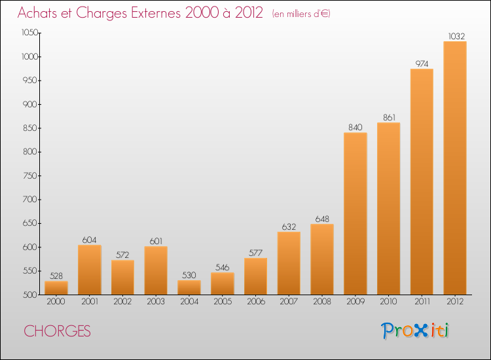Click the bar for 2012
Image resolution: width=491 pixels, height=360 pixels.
point(455,168)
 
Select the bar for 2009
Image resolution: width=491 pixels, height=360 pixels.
point(355,213)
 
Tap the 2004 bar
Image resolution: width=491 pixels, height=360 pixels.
point(189,287)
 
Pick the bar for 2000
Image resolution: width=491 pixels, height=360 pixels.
point(56,288)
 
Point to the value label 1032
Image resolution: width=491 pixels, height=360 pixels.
point(456,36)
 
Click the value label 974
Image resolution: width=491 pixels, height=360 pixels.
point(422,64)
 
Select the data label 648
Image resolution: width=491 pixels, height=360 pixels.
point(322,219)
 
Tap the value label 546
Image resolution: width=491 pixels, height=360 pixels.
point(223,268)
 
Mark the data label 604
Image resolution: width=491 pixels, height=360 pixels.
point(89,240)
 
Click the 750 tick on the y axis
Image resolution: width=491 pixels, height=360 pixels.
point(29,176)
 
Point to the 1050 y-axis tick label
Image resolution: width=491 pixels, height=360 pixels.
point(29,33)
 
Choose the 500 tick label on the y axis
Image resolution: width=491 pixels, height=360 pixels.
point(29,295)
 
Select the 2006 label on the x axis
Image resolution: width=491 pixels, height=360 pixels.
point(256,302)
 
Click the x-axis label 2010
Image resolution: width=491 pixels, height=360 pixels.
point(389,302)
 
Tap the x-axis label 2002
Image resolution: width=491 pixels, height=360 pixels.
point(122,302)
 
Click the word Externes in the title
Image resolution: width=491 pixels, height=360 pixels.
point(156,13)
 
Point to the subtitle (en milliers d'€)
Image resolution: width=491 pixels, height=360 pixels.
point(301,14)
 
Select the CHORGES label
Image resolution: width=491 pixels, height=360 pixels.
point(58,331)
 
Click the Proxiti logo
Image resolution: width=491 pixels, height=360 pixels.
point(415,331)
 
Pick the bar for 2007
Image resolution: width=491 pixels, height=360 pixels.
point(289,263)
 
